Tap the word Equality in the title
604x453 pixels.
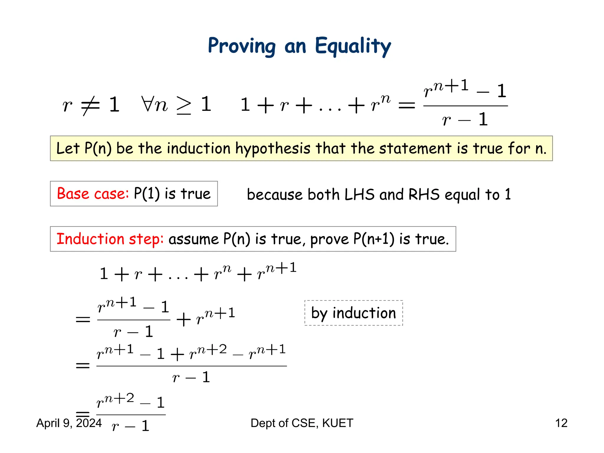pyautogui.click(x=353, y=46)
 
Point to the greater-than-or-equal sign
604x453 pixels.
pyautogui.click(x=184, y=106)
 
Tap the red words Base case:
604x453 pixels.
pyautogui.click(x=93, y=194)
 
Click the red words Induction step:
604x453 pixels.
pyautogui.click(x=110, y=239)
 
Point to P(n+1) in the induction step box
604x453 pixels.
pyautogui.click(x=374, y=239)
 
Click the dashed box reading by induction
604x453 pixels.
pyautogui.click(x=353, y=313)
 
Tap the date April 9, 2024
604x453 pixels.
pyautogui.click(x=69, y=423)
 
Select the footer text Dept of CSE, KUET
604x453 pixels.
pyautogui.click(x=302, y=423)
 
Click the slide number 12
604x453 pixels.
pyautogui.click(x=561, y=423)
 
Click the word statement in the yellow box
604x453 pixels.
pyautogui.click(x=415, y=148)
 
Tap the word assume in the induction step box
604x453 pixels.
pyautogui.click(x=194, y=239)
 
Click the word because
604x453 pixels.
pyautogui.click(x=275, y=195)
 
